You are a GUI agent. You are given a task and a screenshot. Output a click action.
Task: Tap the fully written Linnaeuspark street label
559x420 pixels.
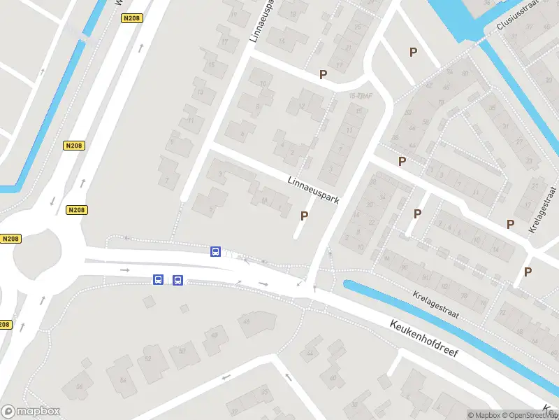coord(313,190)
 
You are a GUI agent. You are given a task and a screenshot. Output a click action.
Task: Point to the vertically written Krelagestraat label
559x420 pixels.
coord(544,210)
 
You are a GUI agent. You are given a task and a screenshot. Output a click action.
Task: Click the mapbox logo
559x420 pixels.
coord(31,412)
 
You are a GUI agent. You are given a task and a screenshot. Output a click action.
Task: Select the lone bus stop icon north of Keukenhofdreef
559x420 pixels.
coord(216,251)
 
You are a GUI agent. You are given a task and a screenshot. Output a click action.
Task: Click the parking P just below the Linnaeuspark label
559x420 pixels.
coord(304,216)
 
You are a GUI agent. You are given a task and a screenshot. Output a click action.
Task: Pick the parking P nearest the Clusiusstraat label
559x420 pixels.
coord(413,52)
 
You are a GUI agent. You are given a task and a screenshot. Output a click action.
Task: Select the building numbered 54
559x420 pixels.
coord(124,380)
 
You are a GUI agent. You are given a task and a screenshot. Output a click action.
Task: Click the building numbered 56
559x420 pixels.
coord(79,386)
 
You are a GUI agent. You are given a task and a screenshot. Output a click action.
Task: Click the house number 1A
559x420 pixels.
coord(264,201)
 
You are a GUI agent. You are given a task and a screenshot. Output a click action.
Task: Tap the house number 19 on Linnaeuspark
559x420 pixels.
coord(234,14)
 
